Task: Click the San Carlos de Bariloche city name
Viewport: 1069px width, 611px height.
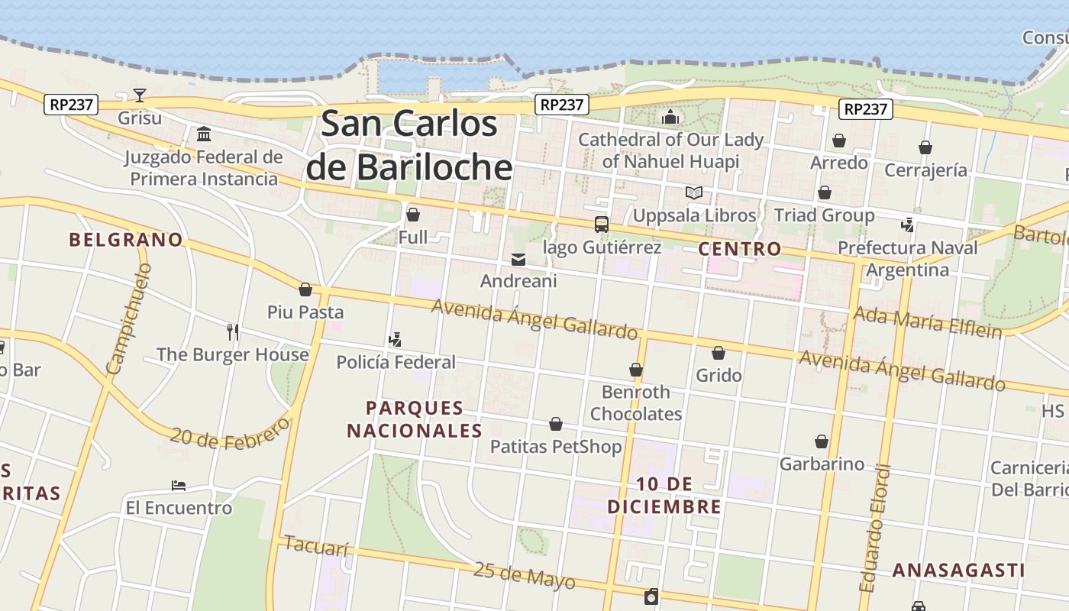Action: tap(409, 145)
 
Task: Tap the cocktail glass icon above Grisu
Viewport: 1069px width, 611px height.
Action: tap(140, 95)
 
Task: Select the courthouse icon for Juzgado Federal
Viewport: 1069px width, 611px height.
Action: tap(204, 134)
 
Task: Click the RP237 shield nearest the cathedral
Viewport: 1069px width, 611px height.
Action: tap(561, 105)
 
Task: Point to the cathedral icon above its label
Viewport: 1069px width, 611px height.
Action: tap(670, 117)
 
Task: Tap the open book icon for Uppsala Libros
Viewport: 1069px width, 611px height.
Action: tap(694, 193)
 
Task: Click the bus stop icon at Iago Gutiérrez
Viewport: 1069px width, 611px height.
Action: tap(602, 225)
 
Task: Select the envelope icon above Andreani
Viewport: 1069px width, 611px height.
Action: tap(518, 260)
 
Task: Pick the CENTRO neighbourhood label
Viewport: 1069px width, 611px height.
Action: tap(740, 249)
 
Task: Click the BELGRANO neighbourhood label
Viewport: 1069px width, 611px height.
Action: tap(126, 240)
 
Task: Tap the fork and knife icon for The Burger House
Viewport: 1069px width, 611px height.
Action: tap(233, 331)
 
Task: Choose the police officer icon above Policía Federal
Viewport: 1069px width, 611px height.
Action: tap(396, 339)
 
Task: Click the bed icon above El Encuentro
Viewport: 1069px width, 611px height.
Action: tap(179, 486)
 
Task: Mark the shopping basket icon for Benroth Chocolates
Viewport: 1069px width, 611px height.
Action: tap(636, 370)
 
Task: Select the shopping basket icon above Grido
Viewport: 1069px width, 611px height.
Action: tap(719, 353)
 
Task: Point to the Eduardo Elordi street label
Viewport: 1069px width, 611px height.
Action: tap(875, 528)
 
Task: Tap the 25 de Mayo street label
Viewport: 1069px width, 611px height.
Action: tap(524, 575)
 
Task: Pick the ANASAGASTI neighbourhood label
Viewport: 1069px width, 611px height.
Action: tap(958, 571)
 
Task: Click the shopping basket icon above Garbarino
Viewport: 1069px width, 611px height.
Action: tap(822, 441)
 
